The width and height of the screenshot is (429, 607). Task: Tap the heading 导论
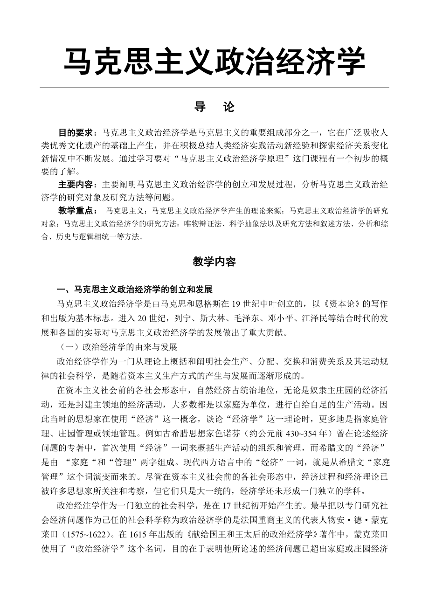pos(214,107)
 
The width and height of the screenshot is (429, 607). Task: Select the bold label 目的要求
pos(75,133)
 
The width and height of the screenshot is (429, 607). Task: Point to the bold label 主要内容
pos(75,184)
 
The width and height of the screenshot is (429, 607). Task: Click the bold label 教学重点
pos(75,211)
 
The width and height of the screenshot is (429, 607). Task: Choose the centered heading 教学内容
pos(214,262)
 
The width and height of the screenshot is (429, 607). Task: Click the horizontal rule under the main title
pos(214,88)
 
